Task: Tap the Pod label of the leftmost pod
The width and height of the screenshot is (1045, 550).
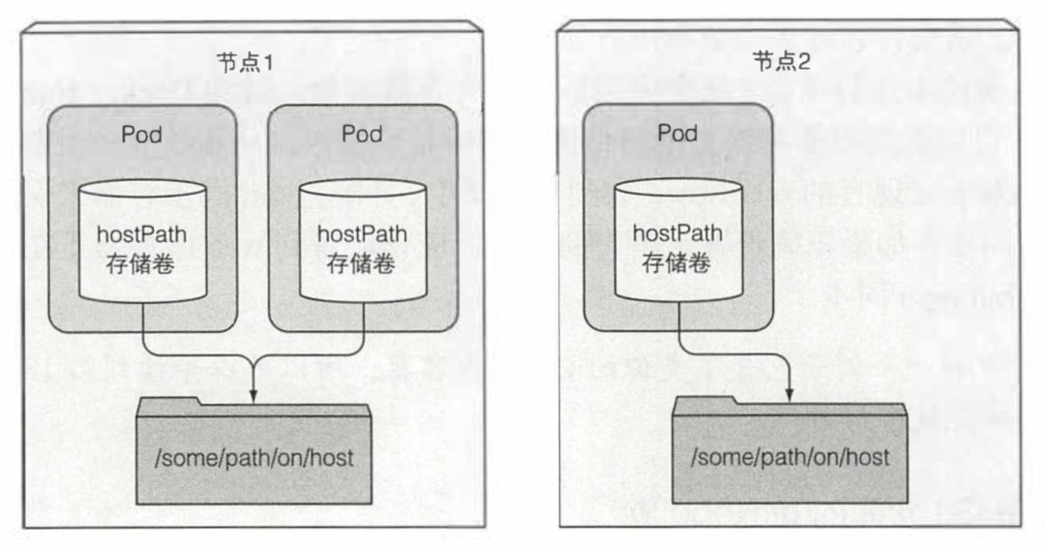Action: coord(141,133)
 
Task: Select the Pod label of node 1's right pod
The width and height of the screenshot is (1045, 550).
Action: coord(362,133)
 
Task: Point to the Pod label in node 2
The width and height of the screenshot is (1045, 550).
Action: coord(677,133)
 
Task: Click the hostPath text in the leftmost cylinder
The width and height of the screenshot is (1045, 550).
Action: coord(141,234)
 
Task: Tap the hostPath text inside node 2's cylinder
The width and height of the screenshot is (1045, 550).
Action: coord(677,234)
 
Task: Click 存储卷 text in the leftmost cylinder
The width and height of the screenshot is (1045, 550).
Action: coord(141,262)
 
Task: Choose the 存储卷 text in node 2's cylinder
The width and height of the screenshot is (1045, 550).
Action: coord(677,262)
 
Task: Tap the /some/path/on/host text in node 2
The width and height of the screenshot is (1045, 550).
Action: coord(789,455)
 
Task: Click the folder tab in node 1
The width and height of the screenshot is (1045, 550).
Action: coord(168,401)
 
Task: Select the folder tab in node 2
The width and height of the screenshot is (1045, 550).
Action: coord(705,401)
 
